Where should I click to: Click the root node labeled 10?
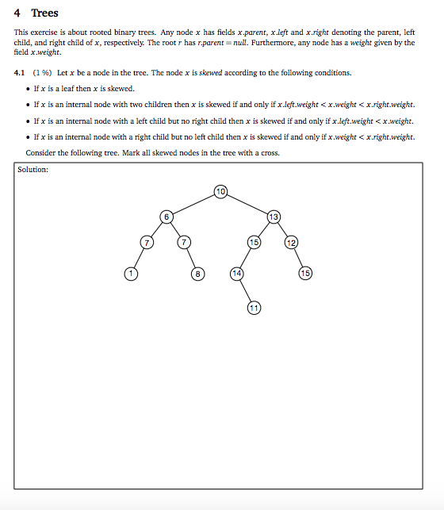click(x=220, y=190)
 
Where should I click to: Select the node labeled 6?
click(x=166, y=217)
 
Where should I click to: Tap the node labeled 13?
click(x=274, y=217)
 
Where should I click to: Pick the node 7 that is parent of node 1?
click(x=145, y=242)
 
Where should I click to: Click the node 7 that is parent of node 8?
click(x=184, y=242)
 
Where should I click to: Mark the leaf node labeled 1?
click(x=131, y=274)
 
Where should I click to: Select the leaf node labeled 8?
click(x=197, y=274)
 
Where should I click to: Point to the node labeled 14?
click(x=237, y=274)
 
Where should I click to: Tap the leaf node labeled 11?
click(x=254, y=307)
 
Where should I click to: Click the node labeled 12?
click(x=292, y=242)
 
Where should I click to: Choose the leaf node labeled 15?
click(x=306, y=274)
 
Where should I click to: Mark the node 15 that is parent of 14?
click(x=255, y=242)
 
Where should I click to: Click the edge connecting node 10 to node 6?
click(x=193, y=203)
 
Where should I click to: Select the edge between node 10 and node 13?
click(x=247, y=203)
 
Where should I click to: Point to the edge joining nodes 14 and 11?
click(x=246, y=290)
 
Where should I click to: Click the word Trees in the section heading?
click(x=44, y=13)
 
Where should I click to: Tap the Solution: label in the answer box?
click(x=33, y=169)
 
